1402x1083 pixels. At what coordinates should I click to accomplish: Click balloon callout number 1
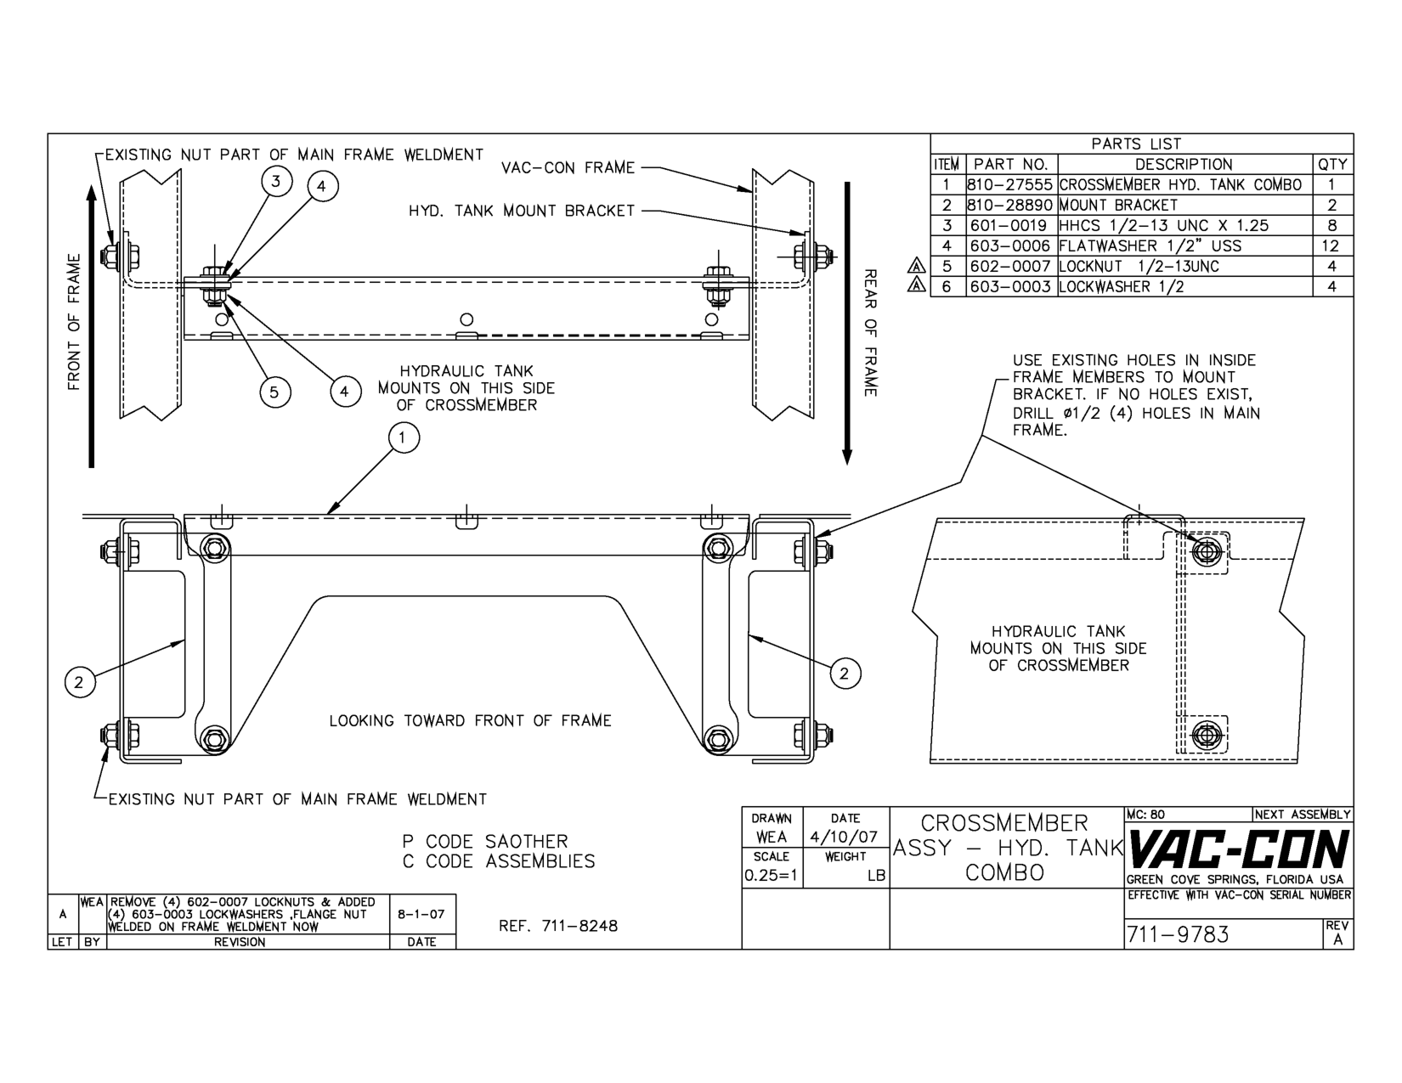click(404, 437)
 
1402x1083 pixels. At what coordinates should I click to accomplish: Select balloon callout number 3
click(276, 180)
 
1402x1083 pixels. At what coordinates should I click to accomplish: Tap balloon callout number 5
click(274, 392)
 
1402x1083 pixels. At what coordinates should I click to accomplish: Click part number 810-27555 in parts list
click(1010, 184)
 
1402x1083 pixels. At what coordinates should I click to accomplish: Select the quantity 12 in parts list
click(1331, 246)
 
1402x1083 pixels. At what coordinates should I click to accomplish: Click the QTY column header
click(1332, 165)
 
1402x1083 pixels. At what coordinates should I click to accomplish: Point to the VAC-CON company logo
click(1237, 849)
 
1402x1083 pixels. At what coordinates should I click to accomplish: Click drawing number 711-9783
click(1178, 934)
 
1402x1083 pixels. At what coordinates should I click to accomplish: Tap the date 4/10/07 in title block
click(845, 837)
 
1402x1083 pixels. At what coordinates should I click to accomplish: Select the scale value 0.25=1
click(771, 875)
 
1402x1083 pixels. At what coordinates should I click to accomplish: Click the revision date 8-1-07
click(422, 914)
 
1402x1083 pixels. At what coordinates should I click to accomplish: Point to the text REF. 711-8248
click(559, 926)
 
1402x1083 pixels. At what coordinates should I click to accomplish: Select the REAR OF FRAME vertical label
click(870, 332)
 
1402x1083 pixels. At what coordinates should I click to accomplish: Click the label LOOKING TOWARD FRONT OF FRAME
click(470, 721)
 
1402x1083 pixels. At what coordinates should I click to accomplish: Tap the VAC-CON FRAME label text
click(568, 168)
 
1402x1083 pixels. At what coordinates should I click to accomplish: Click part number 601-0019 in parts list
click(1010, 226)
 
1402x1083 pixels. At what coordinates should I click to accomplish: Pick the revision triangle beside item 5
click(916, 266)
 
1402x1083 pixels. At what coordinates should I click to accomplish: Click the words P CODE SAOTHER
click(484, 842)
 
